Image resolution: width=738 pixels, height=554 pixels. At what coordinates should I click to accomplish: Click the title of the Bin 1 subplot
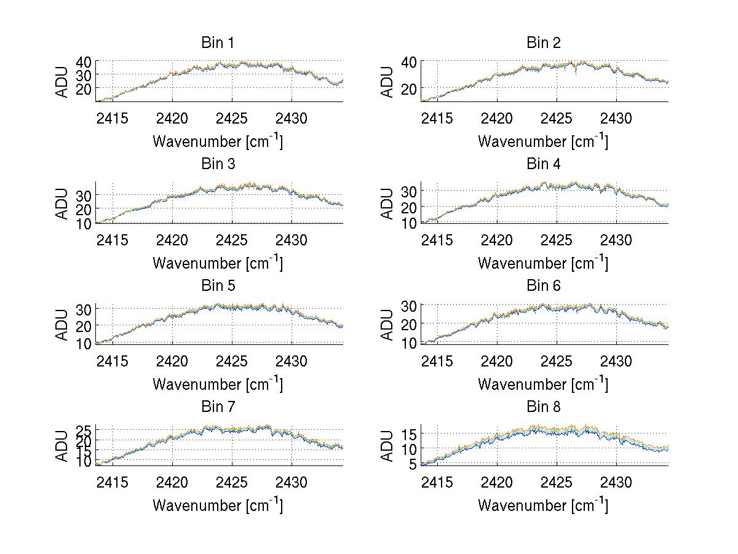pyautogui.click(x=218, y=43)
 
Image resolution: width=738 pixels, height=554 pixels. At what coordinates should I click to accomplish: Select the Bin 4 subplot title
pyautogui.click(x=544, y=164)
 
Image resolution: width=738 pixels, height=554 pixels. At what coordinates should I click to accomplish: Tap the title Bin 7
pyautogui.click(x=218, y=407)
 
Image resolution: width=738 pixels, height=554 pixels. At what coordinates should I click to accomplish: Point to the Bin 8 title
pyautogui.click(x=544, y=407)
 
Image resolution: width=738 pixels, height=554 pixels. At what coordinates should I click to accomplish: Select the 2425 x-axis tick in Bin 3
pyautogui.click(x=232, y=239)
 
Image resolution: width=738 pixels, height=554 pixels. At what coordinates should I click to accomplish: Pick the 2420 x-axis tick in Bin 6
pyautogui.click(x=497, y=360)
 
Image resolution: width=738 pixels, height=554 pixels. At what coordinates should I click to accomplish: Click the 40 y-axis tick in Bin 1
pyautogui.click(x=84, y=61)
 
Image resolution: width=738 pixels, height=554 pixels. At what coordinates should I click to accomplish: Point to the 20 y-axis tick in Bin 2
pyautogui.click(x=410, y=89)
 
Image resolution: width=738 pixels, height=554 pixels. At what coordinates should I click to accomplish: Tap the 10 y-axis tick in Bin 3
pyautogui.click(x=84, y=223)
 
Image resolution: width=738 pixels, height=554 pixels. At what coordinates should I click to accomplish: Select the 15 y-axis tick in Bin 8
pyautogui.click(x=410, y=435)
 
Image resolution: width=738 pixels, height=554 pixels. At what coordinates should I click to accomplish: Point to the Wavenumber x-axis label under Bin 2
pyautogui.click(x=542, y=142)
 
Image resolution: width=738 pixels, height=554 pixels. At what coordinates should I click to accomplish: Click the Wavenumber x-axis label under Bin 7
pyautogui.click(x=217, y=505)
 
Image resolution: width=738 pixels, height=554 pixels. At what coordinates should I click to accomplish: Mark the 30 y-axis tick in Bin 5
pyautogui.click(x=84, y=309)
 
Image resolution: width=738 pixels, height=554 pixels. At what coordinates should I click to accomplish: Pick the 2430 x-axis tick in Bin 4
pyautogui.click(x=616, y=239)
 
